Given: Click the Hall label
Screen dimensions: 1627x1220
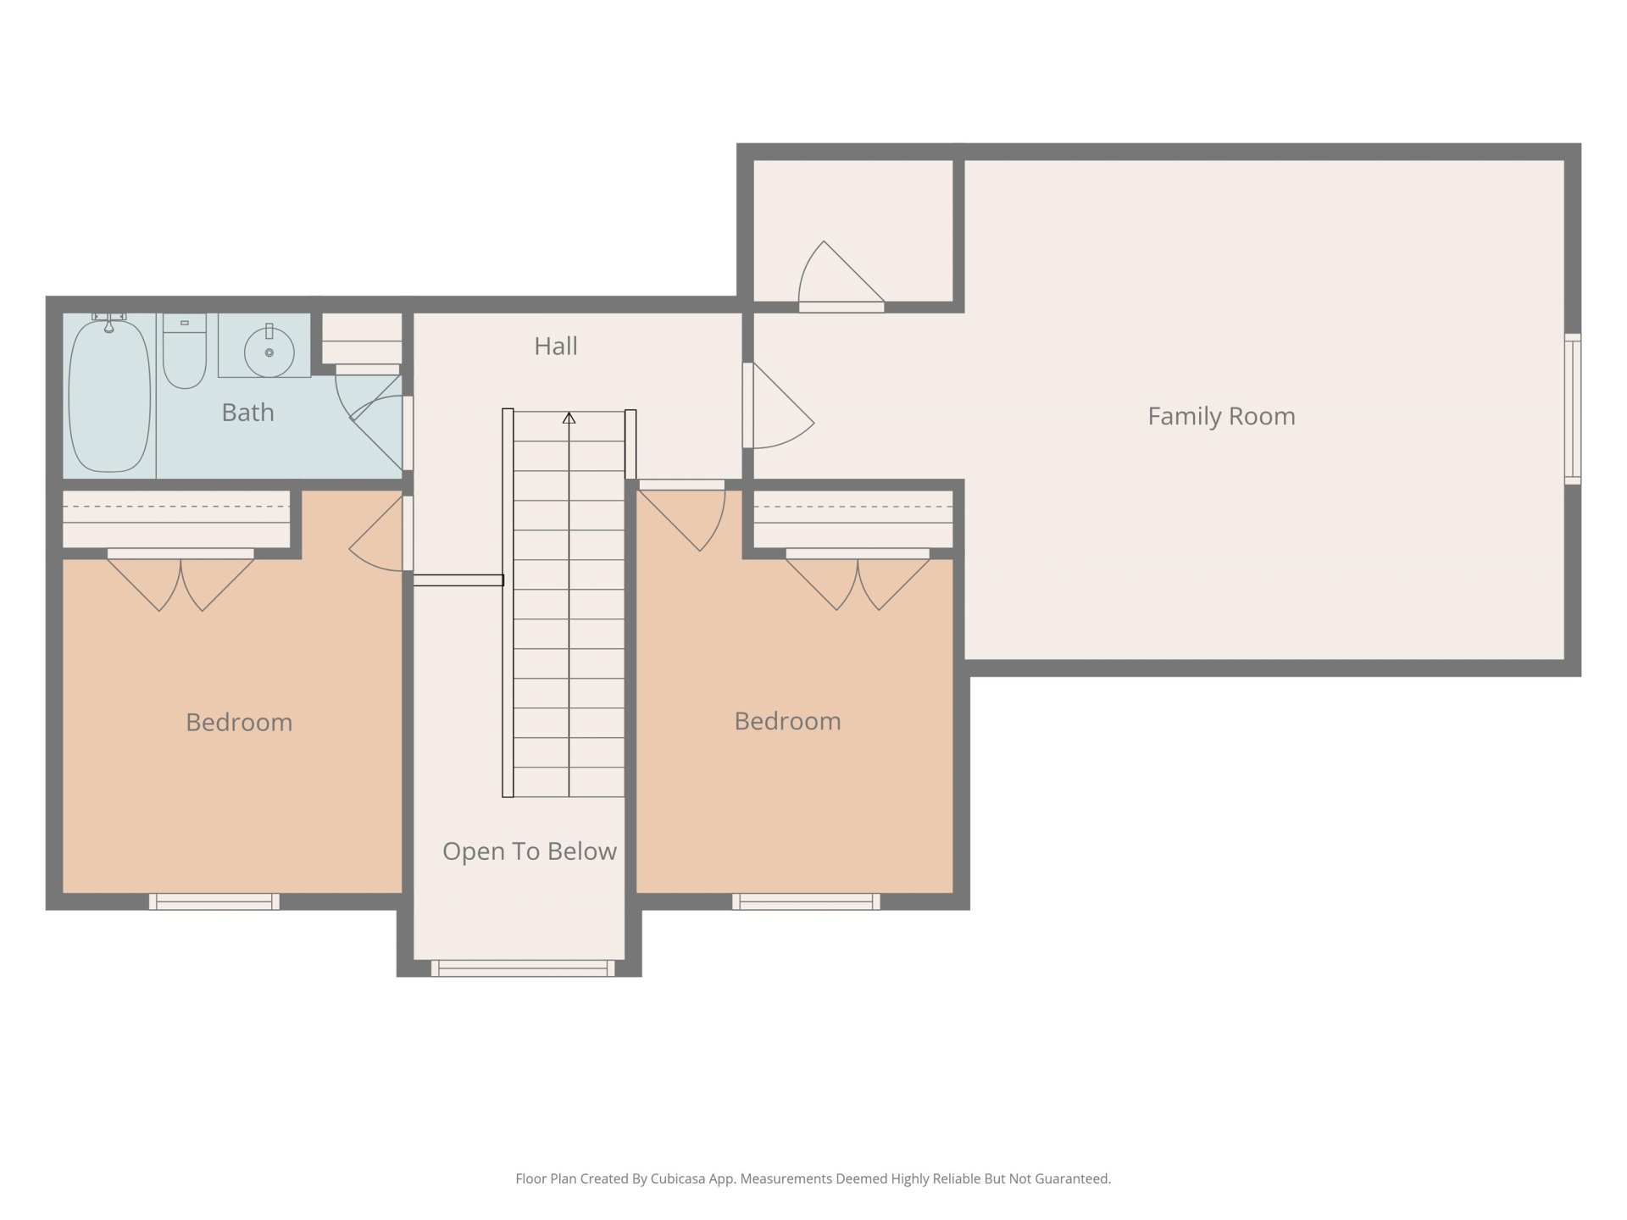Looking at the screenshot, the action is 556,346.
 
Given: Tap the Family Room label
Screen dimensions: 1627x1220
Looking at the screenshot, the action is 1221,416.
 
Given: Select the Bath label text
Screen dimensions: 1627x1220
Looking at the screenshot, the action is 247,413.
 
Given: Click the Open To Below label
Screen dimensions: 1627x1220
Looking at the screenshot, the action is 530,851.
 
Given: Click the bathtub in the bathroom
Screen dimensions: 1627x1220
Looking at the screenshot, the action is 109,394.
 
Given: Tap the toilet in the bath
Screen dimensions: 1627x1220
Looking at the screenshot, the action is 185,351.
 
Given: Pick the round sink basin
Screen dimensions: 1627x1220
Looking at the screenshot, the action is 269,352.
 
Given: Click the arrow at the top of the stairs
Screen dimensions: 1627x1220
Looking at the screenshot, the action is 569,418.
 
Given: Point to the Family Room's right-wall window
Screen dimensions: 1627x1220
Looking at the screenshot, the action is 1573,409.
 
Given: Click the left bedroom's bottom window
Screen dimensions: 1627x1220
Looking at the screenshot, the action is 214,901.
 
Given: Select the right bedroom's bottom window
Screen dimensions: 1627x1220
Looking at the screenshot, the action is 806,901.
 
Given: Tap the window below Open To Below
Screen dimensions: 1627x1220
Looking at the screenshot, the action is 523,968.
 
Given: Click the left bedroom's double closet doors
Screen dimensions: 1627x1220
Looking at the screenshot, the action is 180,579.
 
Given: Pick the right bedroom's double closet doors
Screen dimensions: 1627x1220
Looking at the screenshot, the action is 858,579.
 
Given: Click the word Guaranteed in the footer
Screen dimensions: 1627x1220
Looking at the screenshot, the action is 1074,1178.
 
